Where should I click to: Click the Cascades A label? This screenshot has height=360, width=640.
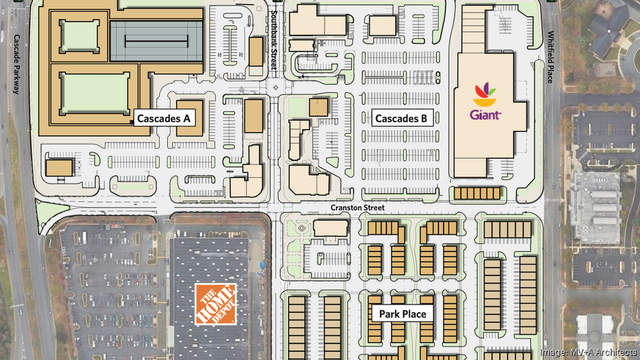(x=162, y=119)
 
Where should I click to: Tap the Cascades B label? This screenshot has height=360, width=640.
(x=401, y=119)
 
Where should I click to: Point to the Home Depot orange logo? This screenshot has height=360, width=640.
(x=215, y=304)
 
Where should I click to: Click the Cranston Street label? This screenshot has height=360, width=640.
(x=357, y=208)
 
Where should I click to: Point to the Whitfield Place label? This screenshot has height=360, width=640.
(x=551, y=57)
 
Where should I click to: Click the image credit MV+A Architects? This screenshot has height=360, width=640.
(x=587, y=351)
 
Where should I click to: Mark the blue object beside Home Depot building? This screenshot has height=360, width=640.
(x=263, y=265)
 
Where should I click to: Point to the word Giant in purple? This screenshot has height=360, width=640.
(x=487, y=114)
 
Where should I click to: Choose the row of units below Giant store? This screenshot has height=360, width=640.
(x=478, y=193)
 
